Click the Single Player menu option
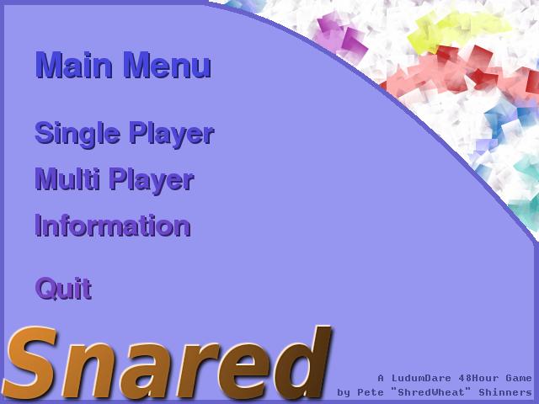[x=125, y=135]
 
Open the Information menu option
[x=113, y=226]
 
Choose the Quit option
[x=64, y=289]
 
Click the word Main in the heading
[x=74, y=65]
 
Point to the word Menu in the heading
[x=167, y=65]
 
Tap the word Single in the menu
[x=77, y=135]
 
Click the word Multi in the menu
[x=67, y=178]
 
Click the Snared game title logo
[x=167, y=363]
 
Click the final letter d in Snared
[x=303, y=363]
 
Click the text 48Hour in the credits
[x=478, y=378]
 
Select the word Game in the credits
[x=519, y=378]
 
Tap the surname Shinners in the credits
[x=505, y=392]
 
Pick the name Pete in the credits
[x=371, y=392]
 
